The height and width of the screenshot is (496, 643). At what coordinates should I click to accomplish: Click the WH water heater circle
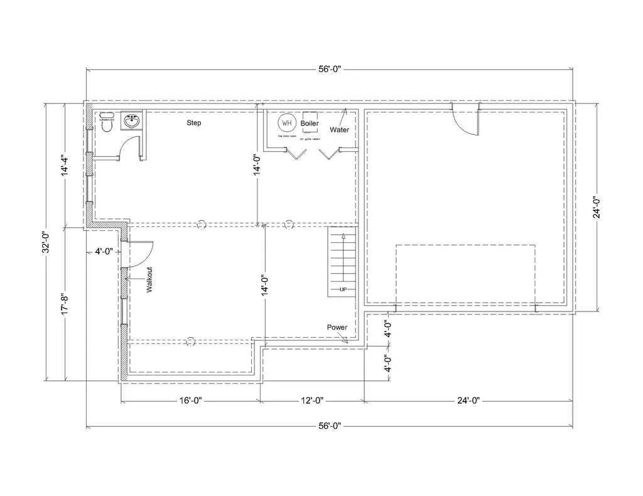click(288, 122)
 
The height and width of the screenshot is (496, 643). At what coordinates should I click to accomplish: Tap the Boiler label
click(310, 124)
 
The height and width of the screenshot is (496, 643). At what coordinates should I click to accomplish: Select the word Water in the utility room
click(340, 130)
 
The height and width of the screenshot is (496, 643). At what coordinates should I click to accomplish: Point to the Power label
click(337, 328)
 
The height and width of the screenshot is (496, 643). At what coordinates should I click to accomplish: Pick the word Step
click(194, 123)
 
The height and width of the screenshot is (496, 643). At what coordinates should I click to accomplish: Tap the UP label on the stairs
click(343, 289)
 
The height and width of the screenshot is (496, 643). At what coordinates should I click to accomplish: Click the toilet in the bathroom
click(106, 123)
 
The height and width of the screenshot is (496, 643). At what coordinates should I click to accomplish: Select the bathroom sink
click(132, 122)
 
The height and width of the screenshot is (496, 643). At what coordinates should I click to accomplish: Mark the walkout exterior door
click(139, 253)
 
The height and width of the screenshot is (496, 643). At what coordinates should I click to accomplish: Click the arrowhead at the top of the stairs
click(343, 236)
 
